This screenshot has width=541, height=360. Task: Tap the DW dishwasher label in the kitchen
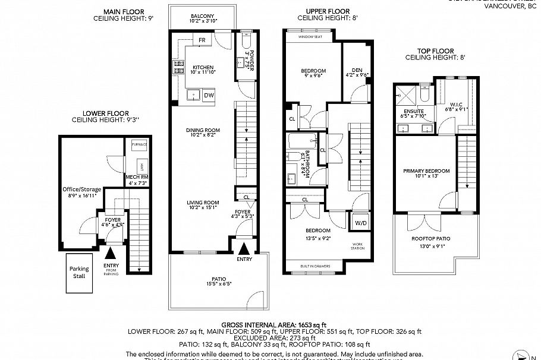tap(209, 95)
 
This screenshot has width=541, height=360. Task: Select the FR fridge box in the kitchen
tap(202, 40)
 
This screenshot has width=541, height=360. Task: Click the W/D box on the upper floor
tap(360, 224)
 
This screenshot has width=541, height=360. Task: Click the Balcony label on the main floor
tap(203, 16)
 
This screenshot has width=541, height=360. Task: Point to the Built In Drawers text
tap(315, 265)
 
